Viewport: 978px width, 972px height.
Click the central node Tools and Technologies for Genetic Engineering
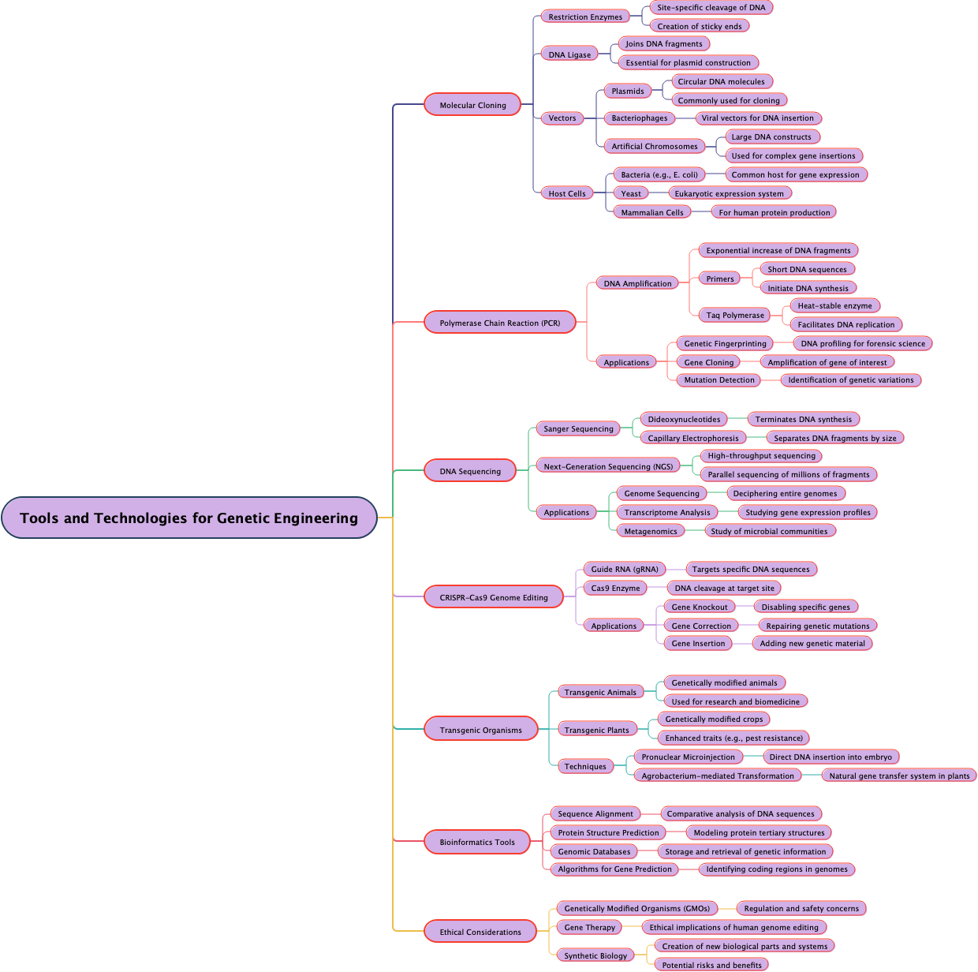189,518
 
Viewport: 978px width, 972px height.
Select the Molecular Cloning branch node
472,105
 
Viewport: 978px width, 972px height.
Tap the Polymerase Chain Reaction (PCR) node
499,323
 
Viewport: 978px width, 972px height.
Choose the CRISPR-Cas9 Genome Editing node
493,597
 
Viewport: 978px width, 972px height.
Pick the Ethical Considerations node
480,932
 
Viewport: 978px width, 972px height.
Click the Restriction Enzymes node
585,17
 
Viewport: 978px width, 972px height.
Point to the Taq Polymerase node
734,315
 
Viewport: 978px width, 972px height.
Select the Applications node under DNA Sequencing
566,512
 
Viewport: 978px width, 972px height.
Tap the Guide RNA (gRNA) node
624,569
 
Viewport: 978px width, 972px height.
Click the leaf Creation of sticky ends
699,26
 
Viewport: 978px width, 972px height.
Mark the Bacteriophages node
639,118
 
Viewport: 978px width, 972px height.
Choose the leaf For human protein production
774,212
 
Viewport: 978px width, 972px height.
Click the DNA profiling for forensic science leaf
863,343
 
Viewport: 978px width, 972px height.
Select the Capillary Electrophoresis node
692,438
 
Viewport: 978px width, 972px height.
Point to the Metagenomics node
650,531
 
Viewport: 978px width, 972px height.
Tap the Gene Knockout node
699,607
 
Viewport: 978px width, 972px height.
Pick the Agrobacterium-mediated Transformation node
717,776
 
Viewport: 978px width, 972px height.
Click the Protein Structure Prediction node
608,832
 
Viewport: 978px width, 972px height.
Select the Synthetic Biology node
595,955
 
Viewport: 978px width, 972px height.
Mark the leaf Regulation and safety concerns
801,908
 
